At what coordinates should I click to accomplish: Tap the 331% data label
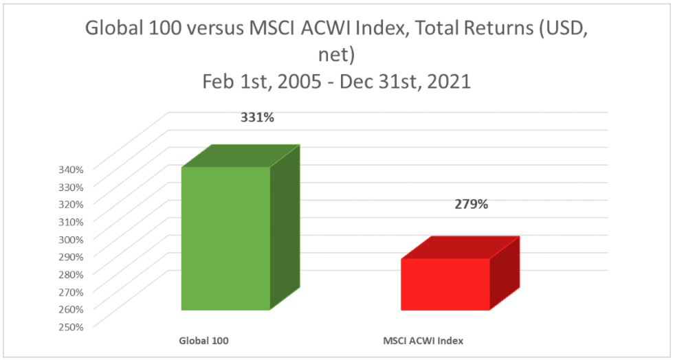[x=257, y=117]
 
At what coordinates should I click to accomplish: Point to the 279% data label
[x=472, y=205]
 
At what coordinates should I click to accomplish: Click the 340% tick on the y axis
[x=70, y=169]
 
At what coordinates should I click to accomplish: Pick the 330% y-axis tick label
[x=70, y=187]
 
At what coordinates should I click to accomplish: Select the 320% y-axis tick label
[x=70, y=204]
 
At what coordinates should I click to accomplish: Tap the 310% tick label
[x=70, y=221]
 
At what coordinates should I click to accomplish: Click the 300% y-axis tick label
[x=70, y=239]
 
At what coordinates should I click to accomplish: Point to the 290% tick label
[x=70, y=256]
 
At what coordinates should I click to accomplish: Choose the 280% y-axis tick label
[x=70, y=273]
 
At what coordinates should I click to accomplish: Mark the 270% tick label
[x=70, y=291]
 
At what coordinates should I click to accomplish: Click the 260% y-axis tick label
[x=70, y=309]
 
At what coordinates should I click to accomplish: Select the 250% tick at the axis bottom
[x=70, y=326]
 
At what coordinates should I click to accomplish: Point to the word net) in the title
[x=336, y=55]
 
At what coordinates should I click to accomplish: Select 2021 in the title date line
[x=451, y=82]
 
